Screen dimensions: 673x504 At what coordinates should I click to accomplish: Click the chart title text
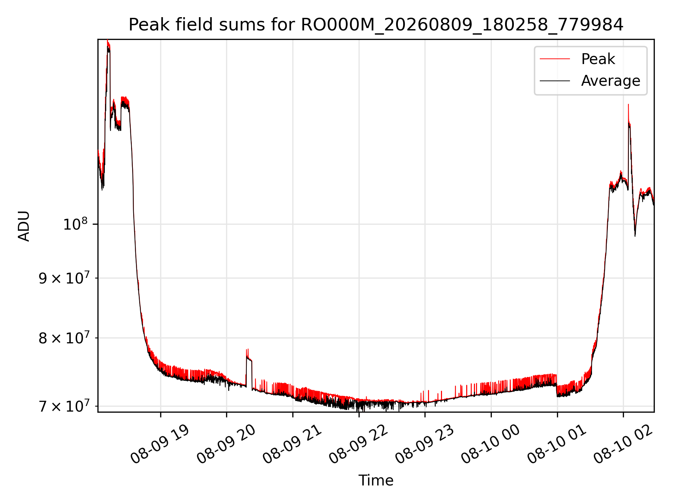[376, 25]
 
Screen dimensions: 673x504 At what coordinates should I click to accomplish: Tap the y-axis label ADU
[24, 226]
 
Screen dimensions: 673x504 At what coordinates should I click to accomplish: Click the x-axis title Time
[376, 480]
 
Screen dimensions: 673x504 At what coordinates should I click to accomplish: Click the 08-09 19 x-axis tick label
[160, 444]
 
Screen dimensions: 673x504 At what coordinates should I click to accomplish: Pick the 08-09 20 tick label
[226, 444]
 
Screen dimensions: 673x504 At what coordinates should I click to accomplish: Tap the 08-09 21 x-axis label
[292, 444]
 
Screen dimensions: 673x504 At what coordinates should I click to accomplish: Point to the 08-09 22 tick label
[359, 444]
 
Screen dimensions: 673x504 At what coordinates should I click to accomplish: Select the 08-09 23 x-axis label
[425, 444]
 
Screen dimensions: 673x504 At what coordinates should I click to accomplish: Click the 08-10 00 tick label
[491, 444]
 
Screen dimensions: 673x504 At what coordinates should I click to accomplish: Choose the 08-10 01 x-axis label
[557, 444]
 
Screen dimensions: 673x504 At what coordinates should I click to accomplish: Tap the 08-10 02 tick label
[623, 444]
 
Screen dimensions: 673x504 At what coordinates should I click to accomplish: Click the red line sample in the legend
[555, 59]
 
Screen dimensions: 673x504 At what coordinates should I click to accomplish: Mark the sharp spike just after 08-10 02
[628, 105]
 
